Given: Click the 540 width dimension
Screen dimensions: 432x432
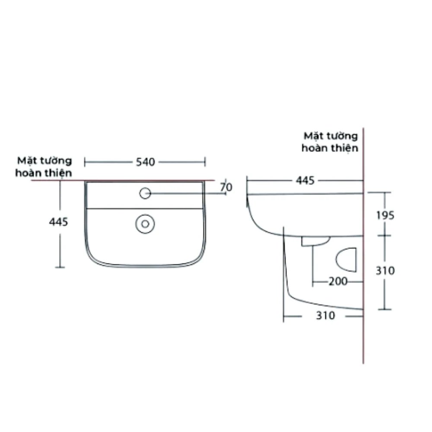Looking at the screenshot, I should coord(145,162).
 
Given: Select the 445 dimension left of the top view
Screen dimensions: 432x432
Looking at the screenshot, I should coord(59,222).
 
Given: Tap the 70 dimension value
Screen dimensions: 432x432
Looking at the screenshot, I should coord(226,187).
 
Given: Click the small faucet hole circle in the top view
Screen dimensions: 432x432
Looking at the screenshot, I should coord(145,193).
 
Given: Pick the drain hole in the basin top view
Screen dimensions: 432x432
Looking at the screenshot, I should coord(145,223).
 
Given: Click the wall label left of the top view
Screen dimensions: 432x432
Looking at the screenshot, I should coord(44,167).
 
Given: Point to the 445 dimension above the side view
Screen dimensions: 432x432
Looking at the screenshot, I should coord(305,181).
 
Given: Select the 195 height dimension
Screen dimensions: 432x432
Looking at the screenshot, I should coord(384,215).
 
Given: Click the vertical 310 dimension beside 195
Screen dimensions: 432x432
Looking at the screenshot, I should coord(384,271).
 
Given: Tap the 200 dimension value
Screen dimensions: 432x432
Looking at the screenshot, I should coord(338,282).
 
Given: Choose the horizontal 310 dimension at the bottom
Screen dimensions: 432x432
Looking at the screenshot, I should coord(325,316).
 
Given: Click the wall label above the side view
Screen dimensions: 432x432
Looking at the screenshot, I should coord(330,142).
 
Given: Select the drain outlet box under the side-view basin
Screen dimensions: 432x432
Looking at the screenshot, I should coord(315,241).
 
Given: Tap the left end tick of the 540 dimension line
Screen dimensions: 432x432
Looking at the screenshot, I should coord(85,162).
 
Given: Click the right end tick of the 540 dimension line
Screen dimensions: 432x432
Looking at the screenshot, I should coord(205,162).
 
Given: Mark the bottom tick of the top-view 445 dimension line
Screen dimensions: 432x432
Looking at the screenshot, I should coord(60,268).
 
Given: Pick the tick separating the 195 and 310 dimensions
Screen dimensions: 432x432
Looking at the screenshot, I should coord(384,235).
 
